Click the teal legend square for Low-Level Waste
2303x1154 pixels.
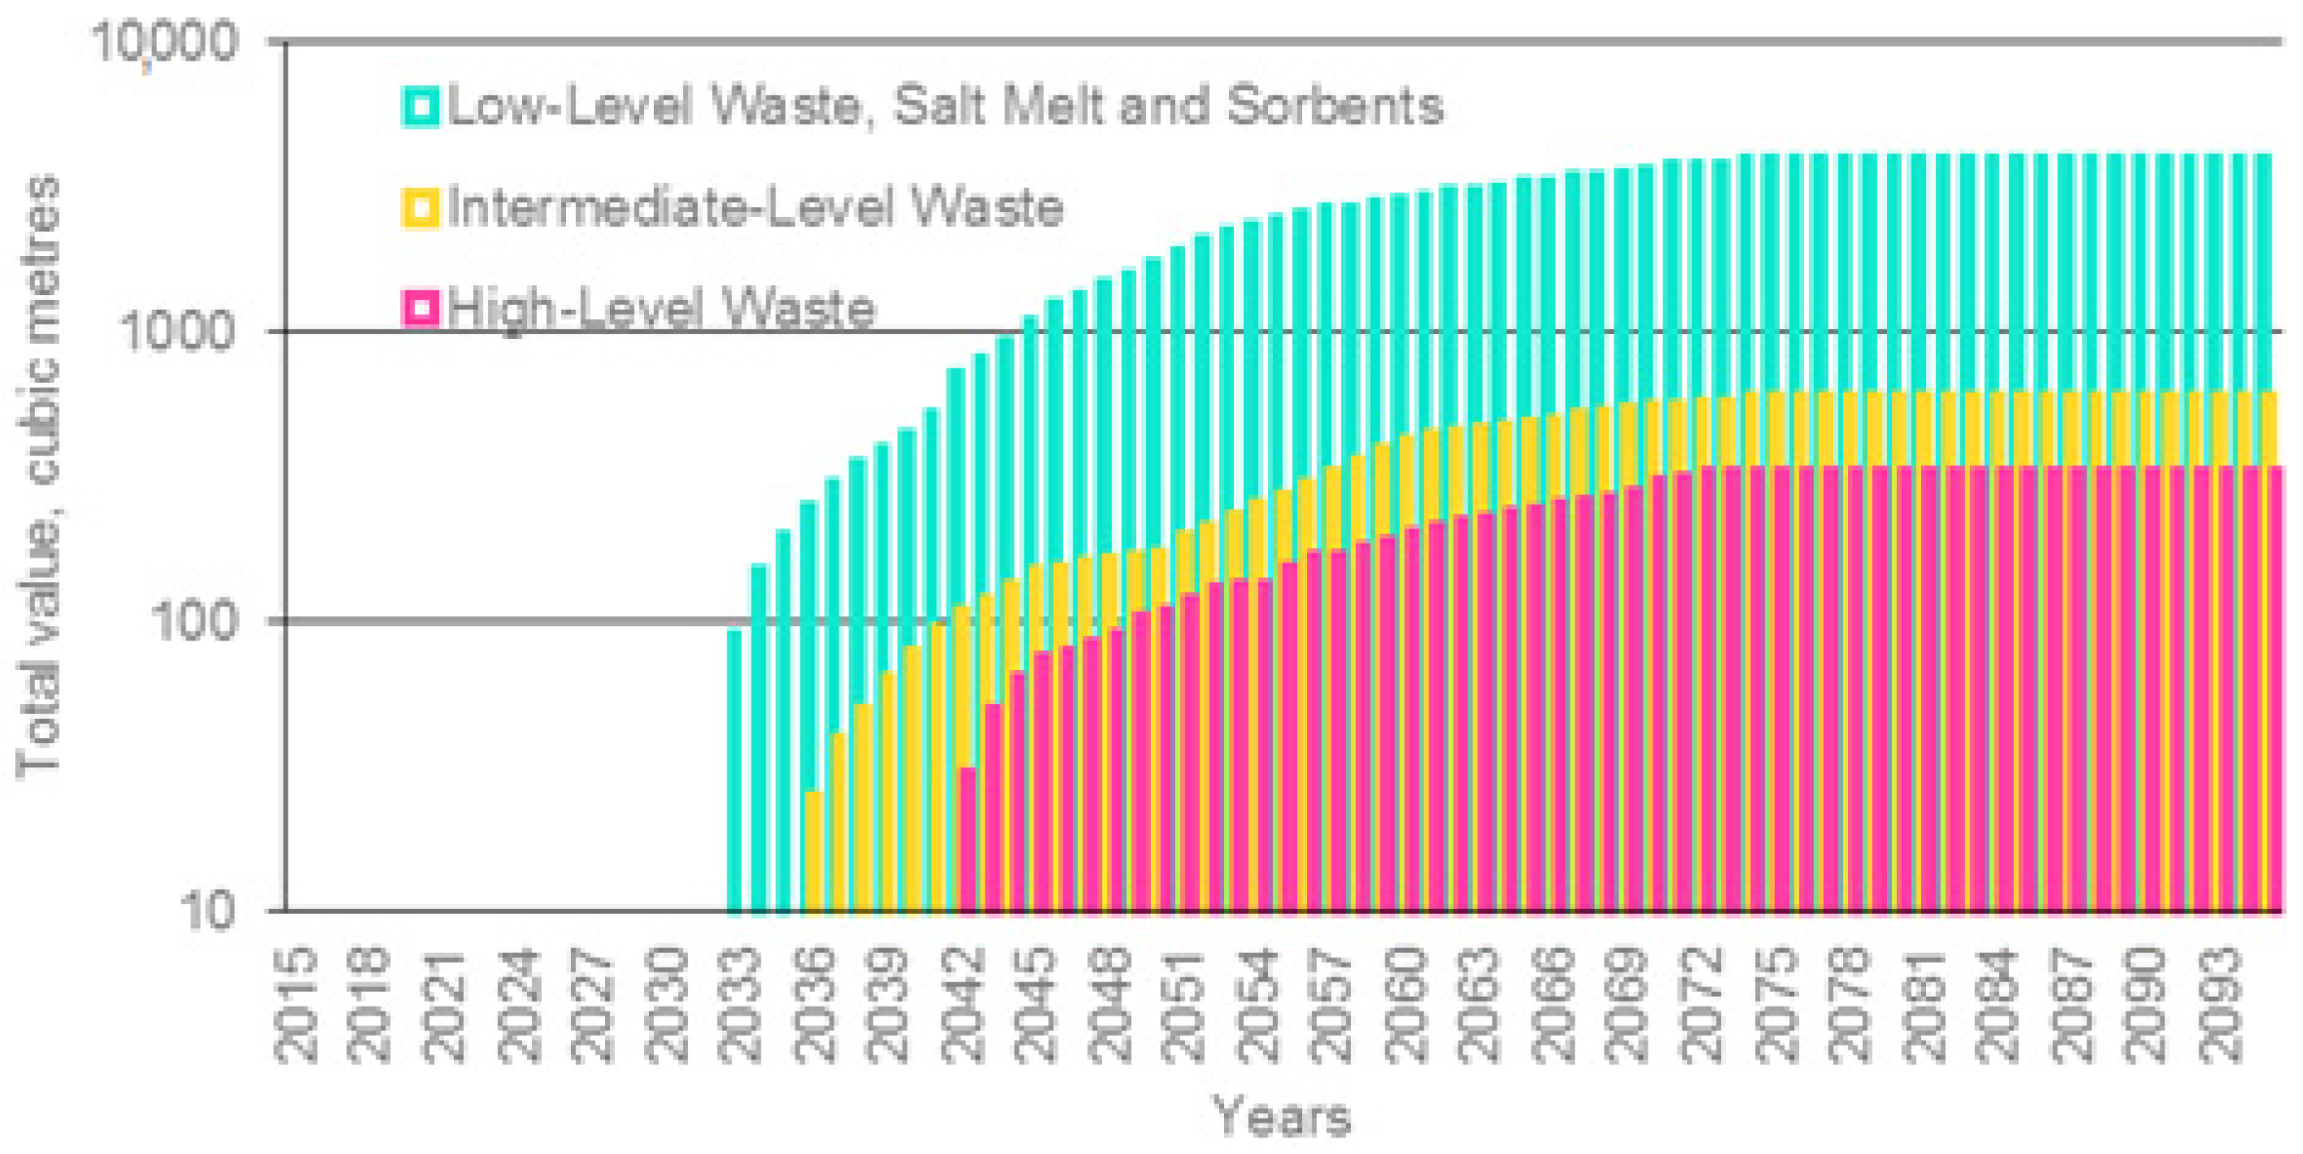coord(419,106)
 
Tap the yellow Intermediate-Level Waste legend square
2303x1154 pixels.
coord(419,208)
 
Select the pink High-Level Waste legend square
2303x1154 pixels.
coord(419,309)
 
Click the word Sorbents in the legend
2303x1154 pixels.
coord(1334,106)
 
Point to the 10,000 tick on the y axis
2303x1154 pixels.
coord(167,43)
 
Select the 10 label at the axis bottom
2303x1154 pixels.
coord(207,911)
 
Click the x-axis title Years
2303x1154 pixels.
coord(1281,1118)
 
